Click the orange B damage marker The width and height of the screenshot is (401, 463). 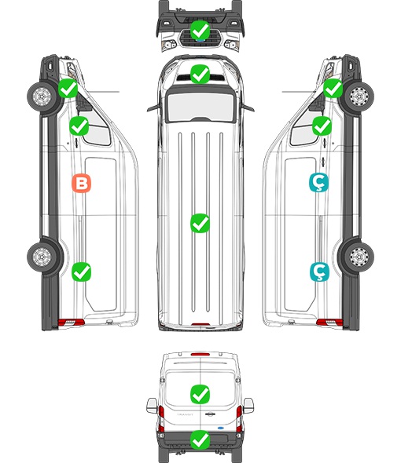point(82,184)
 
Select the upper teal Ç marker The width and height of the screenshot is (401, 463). point(318,183)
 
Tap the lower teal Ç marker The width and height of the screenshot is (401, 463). point(319,272)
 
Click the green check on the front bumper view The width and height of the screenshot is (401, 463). point(200,30)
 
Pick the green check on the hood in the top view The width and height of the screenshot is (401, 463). point(200,74)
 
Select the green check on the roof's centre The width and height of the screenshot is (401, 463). point(200,223)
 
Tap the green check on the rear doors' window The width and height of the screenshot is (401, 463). point(200,394)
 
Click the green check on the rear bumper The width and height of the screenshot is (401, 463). point(200,440)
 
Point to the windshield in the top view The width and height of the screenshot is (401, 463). point(200,106)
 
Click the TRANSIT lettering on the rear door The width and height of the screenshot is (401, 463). point(185,414)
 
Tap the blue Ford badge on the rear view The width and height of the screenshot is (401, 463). point(222,428)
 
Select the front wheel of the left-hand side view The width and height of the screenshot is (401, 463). point(42,97)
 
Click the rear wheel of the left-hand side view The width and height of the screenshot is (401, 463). point(42,256)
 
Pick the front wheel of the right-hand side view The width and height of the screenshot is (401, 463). point(359,97)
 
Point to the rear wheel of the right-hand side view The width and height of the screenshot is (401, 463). point(359,256)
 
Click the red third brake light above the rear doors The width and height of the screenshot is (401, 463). point(200,354)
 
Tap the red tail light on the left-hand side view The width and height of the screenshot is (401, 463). point(71,323)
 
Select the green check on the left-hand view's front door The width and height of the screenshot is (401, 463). point(79,126)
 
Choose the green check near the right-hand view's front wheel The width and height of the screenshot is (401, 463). point(333,88)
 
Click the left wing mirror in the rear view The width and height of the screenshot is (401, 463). point(152,406)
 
